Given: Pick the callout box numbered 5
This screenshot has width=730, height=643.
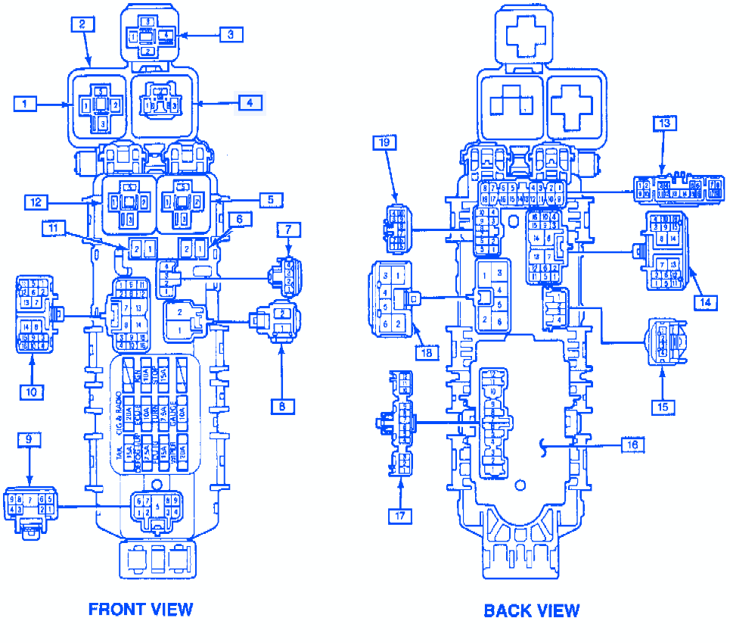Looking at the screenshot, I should (270, 200).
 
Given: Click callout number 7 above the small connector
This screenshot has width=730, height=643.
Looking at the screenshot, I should (289, 229).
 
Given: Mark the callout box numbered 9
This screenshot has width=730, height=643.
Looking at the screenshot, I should (28, 439).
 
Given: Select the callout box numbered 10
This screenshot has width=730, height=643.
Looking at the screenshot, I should (33, 391).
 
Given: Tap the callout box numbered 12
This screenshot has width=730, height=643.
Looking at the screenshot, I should (36, 202).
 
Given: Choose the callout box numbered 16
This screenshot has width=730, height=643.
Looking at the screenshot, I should (632, 445).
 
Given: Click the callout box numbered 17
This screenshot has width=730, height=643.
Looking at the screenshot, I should (400, 516).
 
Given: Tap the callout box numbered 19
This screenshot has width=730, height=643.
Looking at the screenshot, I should (385, 142).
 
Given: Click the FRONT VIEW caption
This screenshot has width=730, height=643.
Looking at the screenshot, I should (141, 609).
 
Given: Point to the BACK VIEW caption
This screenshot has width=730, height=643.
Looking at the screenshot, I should (532, 610).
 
